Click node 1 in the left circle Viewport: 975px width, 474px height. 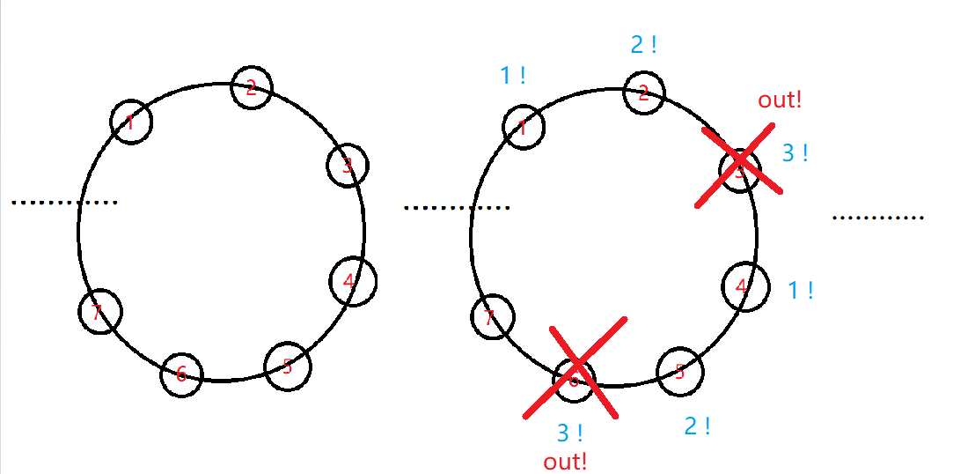[132, 121]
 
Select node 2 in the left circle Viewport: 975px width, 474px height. [252, 87]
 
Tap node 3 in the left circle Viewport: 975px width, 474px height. [348, 165]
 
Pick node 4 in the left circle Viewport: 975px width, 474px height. [354, 282]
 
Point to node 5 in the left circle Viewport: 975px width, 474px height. [288, 366]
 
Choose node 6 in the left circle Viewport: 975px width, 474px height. [181, 374]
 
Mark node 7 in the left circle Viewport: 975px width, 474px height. [99, 311]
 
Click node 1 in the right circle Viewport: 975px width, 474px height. [524, 128]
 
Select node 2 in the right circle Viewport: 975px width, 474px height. [644, 93]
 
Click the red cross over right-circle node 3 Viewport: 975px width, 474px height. [740, 167]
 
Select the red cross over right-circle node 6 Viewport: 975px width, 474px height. [575, 367]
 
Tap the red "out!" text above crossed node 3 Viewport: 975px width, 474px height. [780, 100]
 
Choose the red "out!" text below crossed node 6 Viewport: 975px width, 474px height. [565, 461]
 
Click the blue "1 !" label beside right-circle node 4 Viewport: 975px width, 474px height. [799, 290]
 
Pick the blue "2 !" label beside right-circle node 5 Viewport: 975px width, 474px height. [697, 426]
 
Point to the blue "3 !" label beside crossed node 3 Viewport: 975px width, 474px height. [795, 153]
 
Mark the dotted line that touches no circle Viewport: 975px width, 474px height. [877, 217]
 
